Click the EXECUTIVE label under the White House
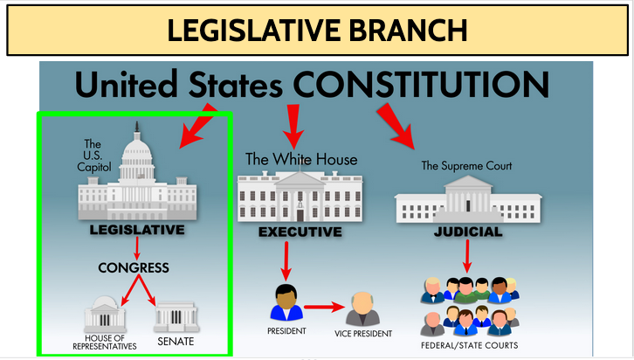point(300,232)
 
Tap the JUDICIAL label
point(468,232)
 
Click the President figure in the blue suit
point(287,302)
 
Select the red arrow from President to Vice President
point(323,308)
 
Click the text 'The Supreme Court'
point(466,165)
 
